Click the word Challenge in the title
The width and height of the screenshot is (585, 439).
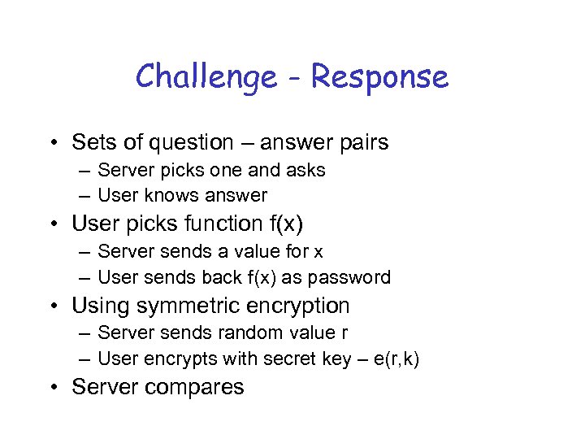pyautogui.click(x=206, y=78)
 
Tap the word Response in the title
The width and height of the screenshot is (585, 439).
pyautogui.click(x=379, y=78)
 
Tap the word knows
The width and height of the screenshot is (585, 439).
pyautogui.click(x=172, y=195)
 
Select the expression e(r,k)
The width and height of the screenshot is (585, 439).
pyautogui.click(x=396, y=359)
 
